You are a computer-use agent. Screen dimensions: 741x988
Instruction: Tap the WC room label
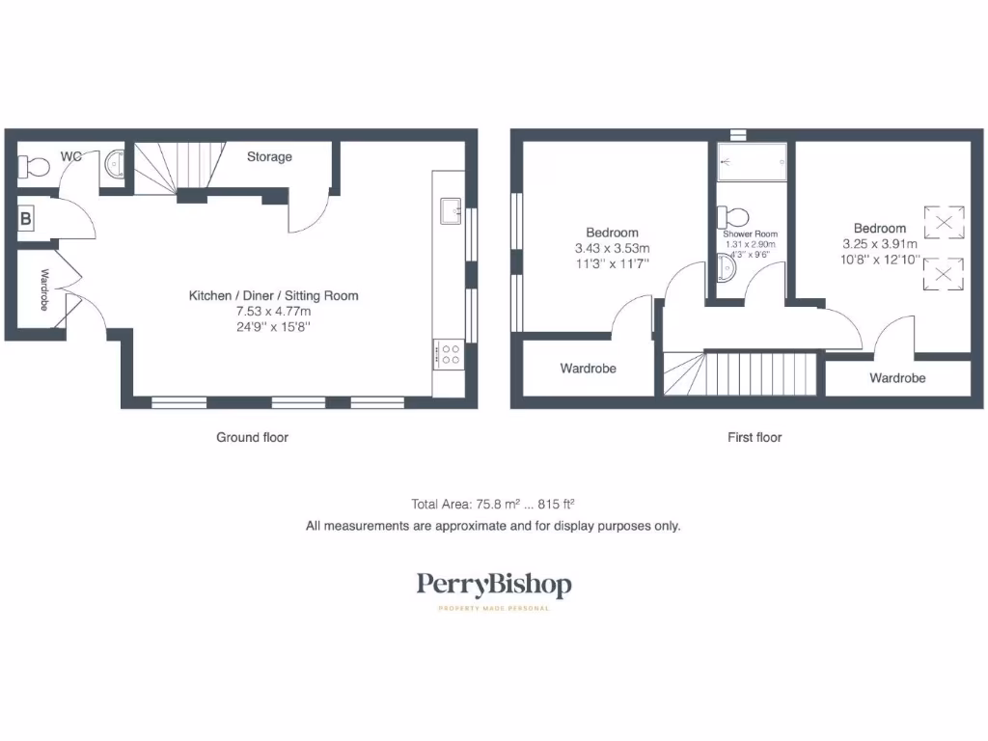(x=71, y=155)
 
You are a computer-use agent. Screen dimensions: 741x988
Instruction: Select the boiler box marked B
(x=26, y=219)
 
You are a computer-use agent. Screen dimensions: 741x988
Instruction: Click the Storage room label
(x=269, y=156)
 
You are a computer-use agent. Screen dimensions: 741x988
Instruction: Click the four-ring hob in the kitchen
(x=449, y=353)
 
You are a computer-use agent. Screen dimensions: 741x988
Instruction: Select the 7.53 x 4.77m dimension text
(x=273, y=312)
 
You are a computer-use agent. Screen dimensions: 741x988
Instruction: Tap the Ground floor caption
(x=252, y=437)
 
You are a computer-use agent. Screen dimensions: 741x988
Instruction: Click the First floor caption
(x=755, y=437)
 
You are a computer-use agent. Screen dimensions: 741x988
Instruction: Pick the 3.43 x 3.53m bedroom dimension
(x=613, y=247)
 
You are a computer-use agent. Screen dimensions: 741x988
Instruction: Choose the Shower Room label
(x=751, y=234)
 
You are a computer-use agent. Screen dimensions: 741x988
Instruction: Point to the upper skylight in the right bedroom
(x=945, y=223)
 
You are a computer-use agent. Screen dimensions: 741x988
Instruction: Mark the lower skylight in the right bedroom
(x=945, y=274)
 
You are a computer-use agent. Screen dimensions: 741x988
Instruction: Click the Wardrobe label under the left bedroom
(x=588, y=369)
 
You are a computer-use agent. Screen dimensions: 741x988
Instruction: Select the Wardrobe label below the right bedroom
(x=897, y=378)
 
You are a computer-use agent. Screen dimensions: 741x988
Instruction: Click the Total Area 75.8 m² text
(x=493, y=504)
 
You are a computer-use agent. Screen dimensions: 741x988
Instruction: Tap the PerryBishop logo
(x=493, y=585)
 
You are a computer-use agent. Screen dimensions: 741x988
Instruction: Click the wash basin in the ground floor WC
(x=116, y=164)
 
